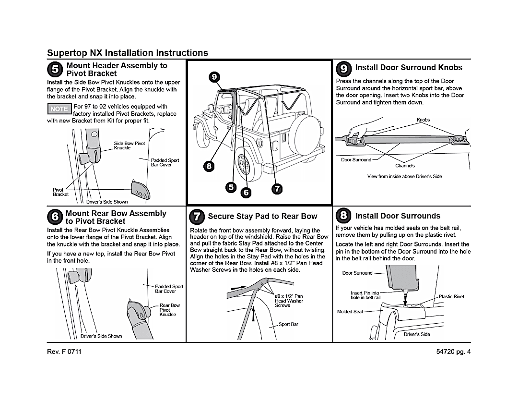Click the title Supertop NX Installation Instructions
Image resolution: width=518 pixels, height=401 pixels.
(x=128, y=53)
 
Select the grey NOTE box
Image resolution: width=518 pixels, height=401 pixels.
(x=59, y=109)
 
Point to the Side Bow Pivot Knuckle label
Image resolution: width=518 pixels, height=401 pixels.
(x=129, y=146)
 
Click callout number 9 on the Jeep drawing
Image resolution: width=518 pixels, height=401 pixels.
(x=214, y=77)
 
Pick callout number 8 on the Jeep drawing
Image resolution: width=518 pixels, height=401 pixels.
(x=208, y=166)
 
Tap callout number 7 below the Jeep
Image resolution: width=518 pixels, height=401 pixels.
(x=277, y=188)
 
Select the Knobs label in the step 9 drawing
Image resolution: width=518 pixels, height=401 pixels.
(x=423, y=120)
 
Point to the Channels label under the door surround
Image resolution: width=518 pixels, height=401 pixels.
(x=405, y=166)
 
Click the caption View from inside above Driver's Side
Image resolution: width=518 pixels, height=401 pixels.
(x=404, y=177)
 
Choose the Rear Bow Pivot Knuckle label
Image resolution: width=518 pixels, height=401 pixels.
(x=169, y=310)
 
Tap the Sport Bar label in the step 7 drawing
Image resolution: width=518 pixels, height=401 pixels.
(x=288, y=324)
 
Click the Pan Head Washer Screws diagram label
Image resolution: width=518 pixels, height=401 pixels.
(x=289, y=301)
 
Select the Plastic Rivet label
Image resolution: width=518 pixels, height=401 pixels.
(x=451, y=297)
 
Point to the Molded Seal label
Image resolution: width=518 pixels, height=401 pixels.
(x=350, y=312)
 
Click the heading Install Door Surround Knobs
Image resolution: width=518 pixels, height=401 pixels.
(x=409, y=68)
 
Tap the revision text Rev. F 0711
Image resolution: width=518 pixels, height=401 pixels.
(x=64, y=352)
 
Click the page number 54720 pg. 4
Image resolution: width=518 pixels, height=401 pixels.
(x=451, y=352)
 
